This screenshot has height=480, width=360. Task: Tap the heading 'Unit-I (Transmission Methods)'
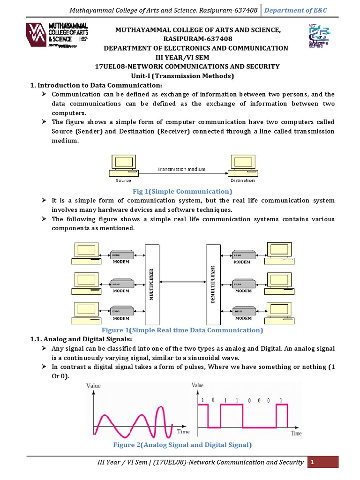183,75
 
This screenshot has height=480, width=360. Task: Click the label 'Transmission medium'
181,169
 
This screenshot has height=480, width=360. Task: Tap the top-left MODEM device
121,255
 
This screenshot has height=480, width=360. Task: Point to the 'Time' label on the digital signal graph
296,434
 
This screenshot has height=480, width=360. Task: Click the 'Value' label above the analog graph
93,385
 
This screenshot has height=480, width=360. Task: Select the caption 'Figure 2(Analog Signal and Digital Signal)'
182,444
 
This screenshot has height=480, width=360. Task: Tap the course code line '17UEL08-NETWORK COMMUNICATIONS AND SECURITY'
187,67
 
